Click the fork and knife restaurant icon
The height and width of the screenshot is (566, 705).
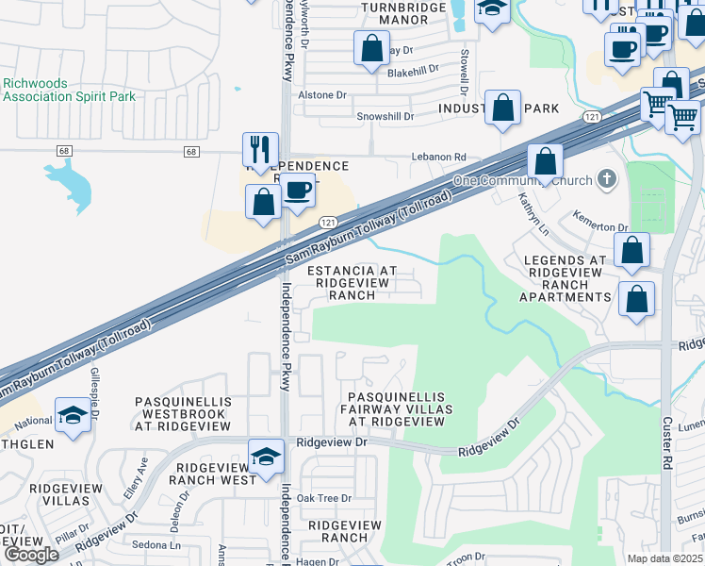(x=260, y=150)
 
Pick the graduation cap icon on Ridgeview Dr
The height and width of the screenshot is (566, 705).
(x=267, y=458)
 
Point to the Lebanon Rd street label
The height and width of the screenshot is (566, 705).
(x=438, y=158)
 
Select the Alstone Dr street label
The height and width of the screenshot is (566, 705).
(x=322, y=95)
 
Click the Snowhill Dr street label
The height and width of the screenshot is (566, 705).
(x=385, y=117)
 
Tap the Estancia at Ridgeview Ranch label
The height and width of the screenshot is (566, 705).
(x=349, y=282)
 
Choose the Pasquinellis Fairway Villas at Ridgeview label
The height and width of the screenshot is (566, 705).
(x=400, y=408)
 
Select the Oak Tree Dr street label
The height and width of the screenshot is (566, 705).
(x=323, y=498)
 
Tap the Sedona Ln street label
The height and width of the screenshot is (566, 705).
(x=156, y=545)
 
